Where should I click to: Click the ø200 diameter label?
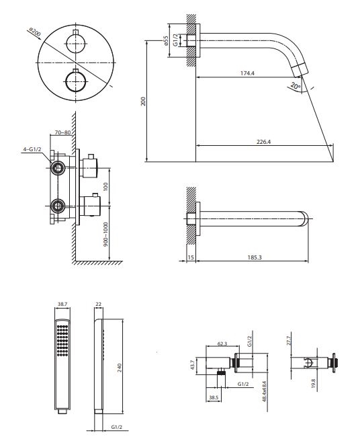click(35, 32)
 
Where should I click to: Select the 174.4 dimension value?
click(247, 73)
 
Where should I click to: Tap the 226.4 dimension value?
click(263, 142)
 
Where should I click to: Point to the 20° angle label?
click(296, 85)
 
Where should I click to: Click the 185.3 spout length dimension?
click(255, 257)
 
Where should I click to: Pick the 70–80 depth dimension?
click(62, 132)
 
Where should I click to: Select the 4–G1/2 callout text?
click(32, 149)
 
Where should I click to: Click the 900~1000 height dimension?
click(105, 234)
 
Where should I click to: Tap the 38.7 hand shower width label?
click(62, 304)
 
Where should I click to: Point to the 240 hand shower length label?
click(119, 368)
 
